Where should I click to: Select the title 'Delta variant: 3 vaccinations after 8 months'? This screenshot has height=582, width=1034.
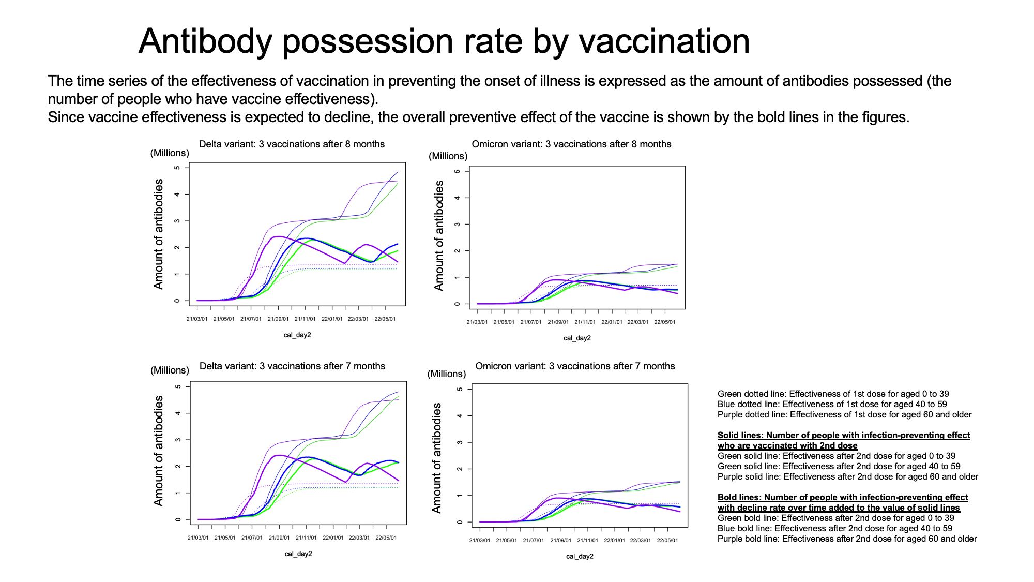click(292, 144)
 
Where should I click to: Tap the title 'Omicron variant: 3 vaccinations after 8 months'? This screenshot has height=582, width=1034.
click(571, 144)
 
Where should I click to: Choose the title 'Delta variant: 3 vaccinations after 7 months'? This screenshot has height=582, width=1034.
click(292, 366)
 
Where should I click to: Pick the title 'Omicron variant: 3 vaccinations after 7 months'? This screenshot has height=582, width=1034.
click(575, 366)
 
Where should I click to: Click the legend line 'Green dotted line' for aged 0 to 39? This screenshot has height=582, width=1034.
click(833, 394)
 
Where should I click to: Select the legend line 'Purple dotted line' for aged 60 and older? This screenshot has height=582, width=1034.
click(845, 414)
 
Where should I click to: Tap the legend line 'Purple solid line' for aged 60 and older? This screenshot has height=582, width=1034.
click(848, 476)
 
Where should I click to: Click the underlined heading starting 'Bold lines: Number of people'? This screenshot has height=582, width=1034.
click(843, 502)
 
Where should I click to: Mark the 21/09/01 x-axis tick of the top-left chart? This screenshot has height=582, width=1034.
click(278, 319)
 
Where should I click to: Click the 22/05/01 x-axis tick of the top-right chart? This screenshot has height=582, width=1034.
click(665, 322)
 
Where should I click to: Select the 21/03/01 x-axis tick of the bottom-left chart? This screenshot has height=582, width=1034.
click(198, 538)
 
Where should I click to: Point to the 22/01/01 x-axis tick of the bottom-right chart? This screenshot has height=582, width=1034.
click(614, 540)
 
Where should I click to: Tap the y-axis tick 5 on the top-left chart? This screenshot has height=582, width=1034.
click(177, 168)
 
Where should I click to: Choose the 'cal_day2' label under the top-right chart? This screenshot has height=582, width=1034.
click(577, 338)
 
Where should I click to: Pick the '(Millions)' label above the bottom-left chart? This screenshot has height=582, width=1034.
click(170, 370)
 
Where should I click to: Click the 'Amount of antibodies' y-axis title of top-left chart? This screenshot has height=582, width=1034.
click(158, 234)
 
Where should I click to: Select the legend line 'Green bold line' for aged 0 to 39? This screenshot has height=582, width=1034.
click(836, 518)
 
